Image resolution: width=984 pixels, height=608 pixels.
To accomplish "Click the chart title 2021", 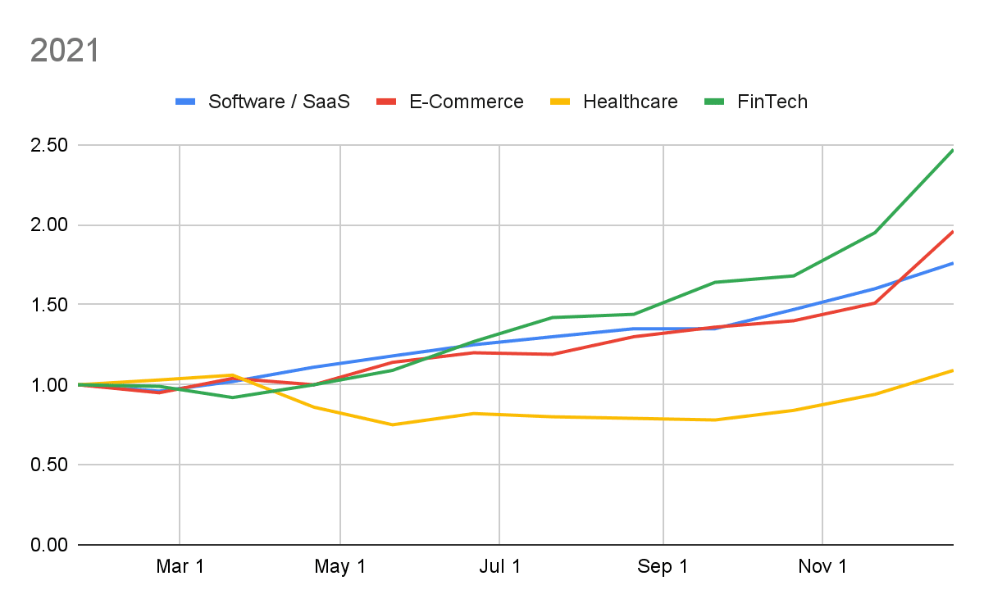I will [x=64, y=51].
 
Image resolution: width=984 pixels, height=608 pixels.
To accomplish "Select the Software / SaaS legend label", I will [x=279, y=102].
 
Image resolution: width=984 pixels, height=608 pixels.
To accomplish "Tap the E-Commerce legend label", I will [x=466, y=102].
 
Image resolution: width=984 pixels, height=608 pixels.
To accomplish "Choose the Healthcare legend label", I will [x=631, y=102].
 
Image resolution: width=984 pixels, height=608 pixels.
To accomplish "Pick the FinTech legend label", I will [x=772, y=102].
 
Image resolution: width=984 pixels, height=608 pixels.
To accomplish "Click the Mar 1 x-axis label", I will [x=180, y=567].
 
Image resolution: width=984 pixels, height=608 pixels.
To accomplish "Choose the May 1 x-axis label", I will [x=339, y=567].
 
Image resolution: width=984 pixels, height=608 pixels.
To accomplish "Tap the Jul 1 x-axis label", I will [x=499, y=567].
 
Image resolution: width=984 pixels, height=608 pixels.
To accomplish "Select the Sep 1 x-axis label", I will [x=663, y=567].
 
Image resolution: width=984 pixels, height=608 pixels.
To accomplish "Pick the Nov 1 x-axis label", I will [x=822, y=567].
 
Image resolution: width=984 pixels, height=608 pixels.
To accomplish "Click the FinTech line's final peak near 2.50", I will [x=952, y=150].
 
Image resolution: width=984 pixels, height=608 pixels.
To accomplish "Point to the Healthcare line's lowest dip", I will [x=392, y=424].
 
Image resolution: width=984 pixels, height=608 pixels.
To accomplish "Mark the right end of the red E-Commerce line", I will [x=952, y=232].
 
